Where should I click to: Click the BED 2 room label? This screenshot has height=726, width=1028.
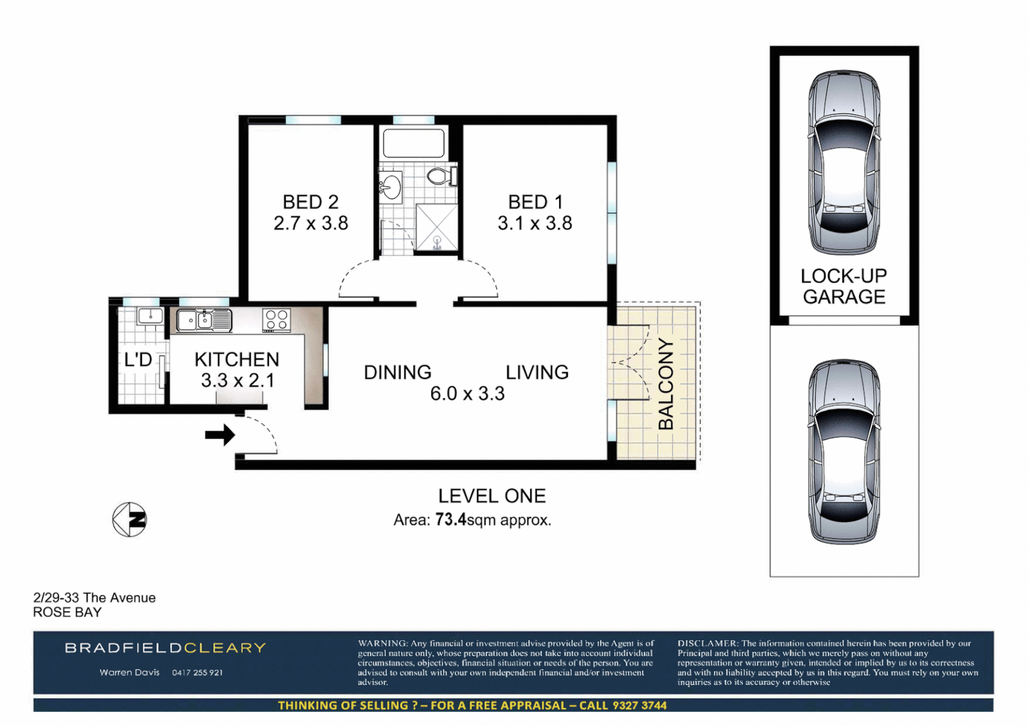point(310,202)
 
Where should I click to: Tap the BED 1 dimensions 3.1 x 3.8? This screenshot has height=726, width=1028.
point(535,223)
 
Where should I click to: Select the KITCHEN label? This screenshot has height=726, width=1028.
point(237,360)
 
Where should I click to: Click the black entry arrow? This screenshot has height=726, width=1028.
point(219,435)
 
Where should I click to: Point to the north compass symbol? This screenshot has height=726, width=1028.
point(129,520)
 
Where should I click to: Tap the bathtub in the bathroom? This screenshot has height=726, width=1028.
point(413,143)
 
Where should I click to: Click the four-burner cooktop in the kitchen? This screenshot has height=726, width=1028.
point(277,320)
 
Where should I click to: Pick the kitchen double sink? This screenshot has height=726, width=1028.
point(204,320)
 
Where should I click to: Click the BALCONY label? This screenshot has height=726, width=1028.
point(665,384)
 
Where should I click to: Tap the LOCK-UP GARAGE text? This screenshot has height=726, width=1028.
point(844,286)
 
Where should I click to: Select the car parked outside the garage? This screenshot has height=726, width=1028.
point(844,451)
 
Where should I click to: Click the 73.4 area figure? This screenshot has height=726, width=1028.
point(450,520)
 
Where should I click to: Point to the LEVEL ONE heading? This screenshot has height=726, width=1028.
point(492,496)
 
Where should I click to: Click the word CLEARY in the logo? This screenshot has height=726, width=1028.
point(225,648)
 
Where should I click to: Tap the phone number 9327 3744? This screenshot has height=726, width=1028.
point(639,705)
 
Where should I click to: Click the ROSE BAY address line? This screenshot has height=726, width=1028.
point(67,612)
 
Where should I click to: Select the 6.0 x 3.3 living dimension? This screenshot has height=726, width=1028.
point(467,394)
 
